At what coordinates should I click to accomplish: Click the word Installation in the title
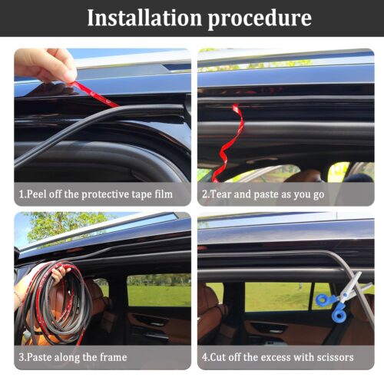pos(144,18)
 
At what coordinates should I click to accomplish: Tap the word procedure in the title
pos(260,19)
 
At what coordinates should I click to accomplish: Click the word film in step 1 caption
pos(164,194)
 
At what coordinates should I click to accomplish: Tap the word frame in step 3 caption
pos(114,357)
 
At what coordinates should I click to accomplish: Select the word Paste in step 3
pos(38,357)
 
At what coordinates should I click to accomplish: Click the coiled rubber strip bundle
pos(55,302)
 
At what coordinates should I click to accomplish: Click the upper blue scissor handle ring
pos(323,300)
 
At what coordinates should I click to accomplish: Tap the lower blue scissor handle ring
pos(339,316)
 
